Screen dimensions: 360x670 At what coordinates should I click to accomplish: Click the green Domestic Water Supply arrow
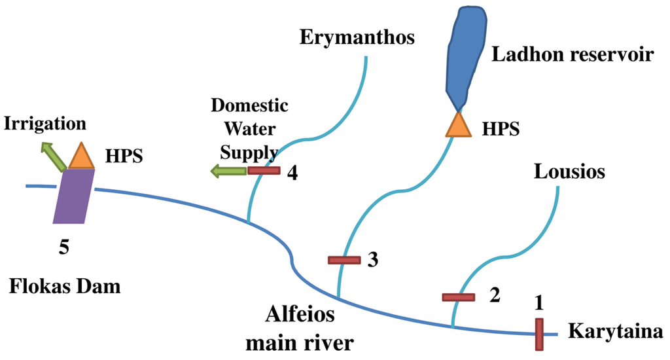coord(228,171)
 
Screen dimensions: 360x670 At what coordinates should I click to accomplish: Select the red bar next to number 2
coord(458,298)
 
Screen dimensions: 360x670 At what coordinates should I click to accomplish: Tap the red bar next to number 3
coord(344,261)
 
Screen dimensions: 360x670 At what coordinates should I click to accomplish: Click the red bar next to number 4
coord(264,171)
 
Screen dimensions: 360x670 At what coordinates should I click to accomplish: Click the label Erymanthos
coord(357,37)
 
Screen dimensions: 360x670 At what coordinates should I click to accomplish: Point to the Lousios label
coord(569,172)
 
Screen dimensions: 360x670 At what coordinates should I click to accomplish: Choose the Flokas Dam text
coord(65,286)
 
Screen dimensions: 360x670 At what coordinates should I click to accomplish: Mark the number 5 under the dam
coord(64,247)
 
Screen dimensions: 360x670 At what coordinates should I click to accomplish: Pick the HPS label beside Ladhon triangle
coord(501,129)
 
